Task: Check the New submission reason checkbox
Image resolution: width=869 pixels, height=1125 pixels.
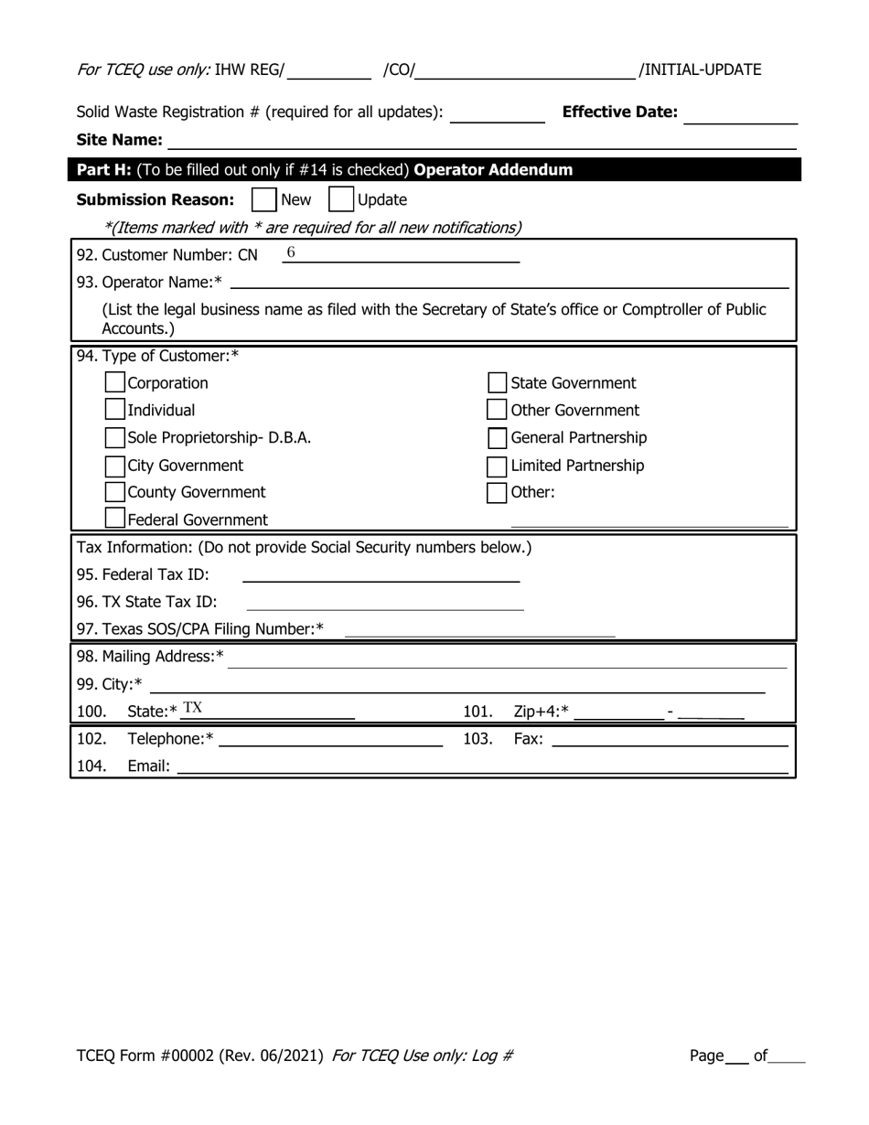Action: point(263,199)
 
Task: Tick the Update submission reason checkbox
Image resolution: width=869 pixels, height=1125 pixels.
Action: point(340,199)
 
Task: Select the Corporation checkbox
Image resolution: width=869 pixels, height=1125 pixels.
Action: point(115,382)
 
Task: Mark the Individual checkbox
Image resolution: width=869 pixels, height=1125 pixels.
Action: point(115,410)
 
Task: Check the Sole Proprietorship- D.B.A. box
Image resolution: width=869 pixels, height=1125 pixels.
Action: point(115,437)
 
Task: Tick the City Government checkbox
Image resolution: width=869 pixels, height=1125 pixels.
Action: point(115,466)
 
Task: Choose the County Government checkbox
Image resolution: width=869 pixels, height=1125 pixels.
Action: point(115,492)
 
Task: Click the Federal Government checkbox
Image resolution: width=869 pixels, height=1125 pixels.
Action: point(115,519)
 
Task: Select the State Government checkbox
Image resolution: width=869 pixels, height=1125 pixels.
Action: point(497,382)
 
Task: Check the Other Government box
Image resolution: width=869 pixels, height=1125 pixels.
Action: point(497,410)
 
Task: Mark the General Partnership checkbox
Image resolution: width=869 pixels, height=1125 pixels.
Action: point(497,437)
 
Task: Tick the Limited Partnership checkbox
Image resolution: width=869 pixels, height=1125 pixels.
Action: point(497,466)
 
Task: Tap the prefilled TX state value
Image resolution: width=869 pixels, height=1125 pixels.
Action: point(192,708)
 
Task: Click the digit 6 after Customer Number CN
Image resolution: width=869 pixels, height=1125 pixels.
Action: point(291,252)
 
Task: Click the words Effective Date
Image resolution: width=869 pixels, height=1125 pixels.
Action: point(620,112)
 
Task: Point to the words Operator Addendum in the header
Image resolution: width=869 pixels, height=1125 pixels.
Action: point(493,170)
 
